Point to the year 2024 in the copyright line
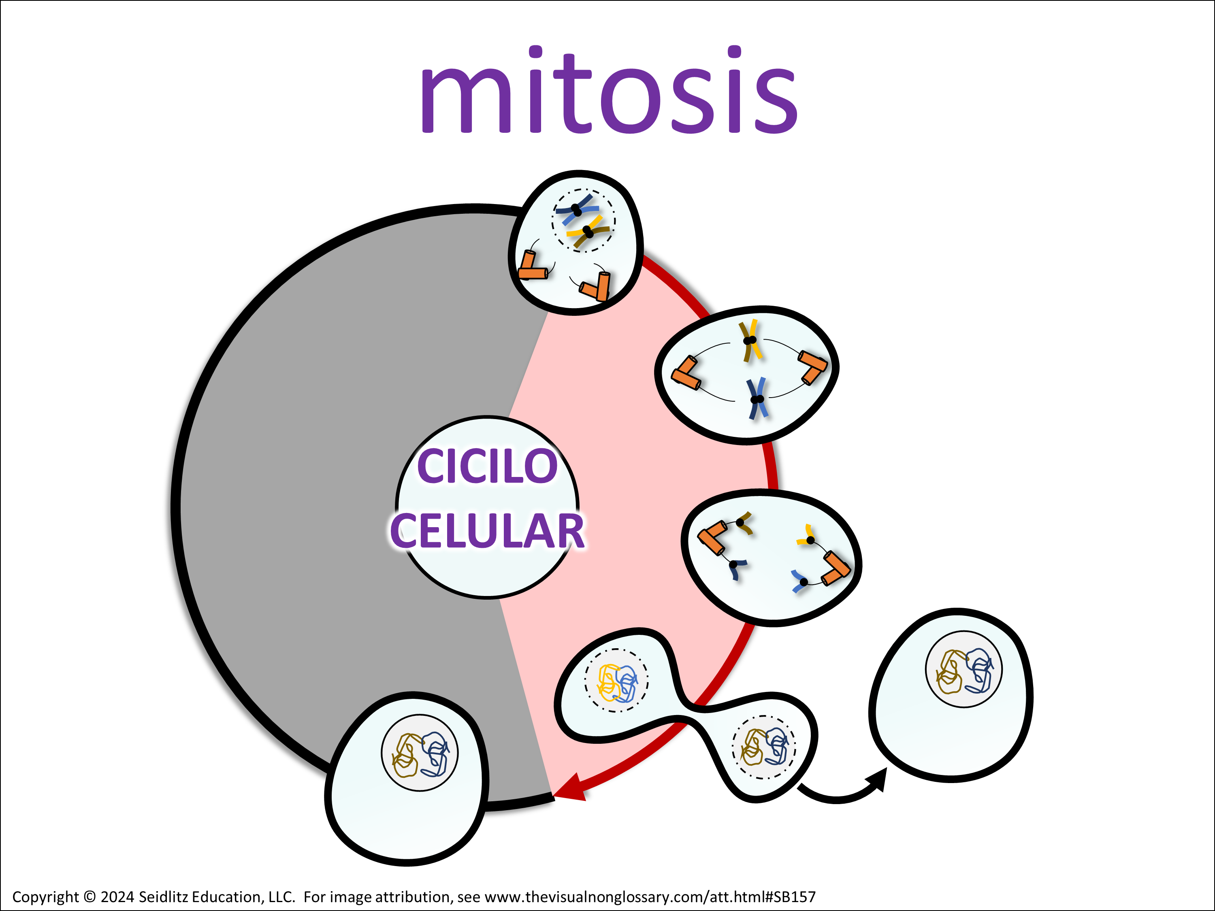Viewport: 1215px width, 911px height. pyautogui.click(x=117, y=897)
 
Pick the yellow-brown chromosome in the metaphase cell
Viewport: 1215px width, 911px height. pyautogui.click(x=750, y=342)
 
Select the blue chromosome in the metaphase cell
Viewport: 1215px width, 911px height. pyautogui.click(x=757, y=399)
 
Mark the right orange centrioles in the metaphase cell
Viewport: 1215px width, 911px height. pyautogui.click(x=813, y=367)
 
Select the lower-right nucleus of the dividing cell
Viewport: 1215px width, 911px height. pyautogui.click(x=763, y=747)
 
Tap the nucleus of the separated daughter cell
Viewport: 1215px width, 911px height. pyautogui.click(x=964, y=669)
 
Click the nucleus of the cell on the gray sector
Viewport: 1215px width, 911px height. pyautogui.click(x=420, y=753)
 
